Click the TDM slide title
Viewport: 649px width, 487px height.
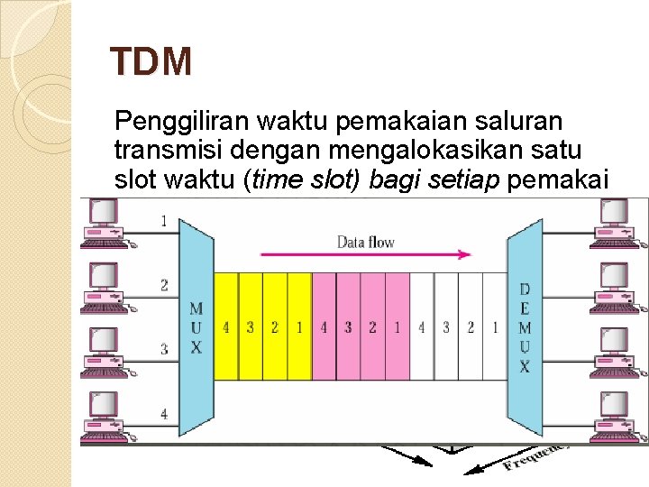[x=151, y=62]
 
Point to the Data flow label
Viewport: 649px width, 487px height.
[x=365, y=242]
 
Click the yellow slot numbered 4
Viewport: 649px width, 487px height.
[x=225, y=326]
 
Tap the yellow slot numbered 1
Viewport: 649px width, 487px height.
[x=299, y=326]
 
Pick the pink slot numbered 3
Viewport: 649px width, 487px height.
[x=348, y=326]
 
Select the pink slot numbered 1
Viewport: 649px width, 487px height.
[x=397, y=326]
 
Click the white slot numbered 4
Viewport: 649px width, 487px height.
[x=421, y=326]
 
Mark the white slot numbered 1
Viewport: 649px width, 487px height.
[x=494, y=326]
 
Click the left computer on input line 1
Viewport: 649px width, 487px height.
[x=101, y=222]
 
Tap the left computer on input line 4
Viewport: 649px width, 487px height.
[x=101, y=415]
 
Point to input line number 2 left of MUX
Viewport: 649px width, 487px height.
[x=164, y=286]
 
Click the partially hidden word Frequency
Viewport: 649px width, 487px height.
[x=536, y=455]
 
